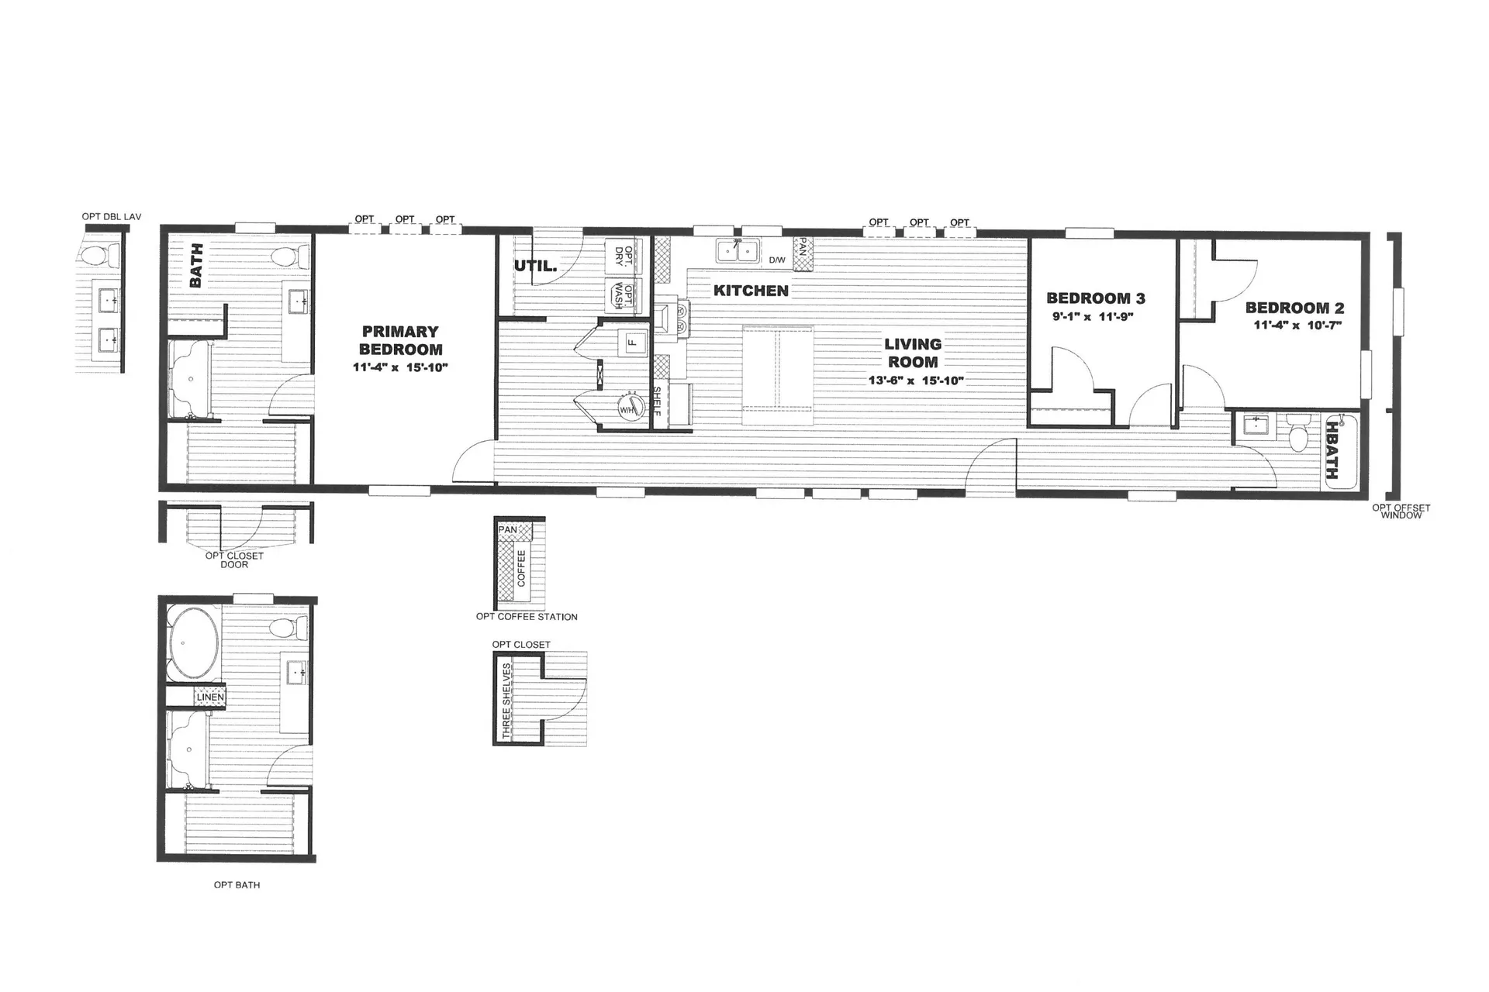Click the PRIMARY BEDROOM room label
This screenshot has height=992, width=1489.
(x=401, y=341)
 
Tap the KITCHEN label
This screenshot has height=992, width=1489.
(x=751, y=291)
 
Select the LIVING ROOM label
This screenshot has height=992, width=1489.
(x=913, y=353)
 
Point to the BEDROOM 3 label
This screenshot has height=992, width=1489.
(x=1096, y=298)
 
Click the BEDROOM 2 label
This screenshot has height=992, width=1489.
(x=1295, y=308)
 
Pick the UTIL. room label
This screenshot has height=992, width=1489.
(x=535, y=266)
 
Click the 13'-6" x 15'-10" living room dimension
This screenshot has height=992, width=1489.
(x=916, y=381)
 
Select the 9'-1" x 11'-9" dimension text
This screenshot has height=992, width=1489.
(x=1093, y=316)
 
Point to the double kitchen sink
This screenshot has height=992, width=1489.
(x=738, y=251)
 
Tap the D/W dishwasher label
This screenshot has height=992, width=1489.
(x=776, y=260)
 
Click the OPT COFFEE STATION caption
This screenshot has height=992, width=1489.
(x=527, y=617)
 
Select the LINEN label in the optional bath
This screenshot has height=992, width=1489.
(x=210, y=697)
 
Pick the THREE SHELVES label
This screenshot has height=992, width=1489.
(x=506, y=701)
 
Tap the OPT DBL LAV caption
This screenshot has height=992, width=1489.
(x=112, y=217)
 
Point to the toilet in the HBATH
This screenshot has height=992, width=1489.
(x=1297, y=432)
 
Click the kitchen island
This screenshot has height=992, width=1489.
(x=778, y=376)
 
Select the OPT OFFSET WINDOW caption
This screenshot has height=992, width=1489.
(x=1401, y=511)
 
